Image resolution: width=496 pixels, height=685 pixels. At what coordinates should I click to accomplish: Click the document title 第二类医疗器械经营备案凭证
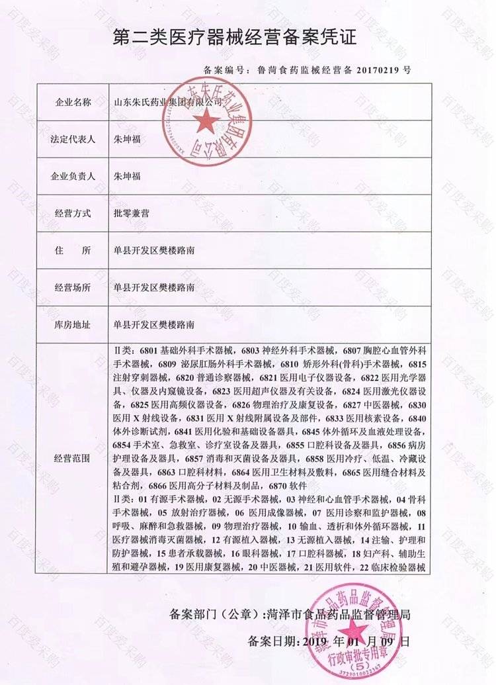(235, 38)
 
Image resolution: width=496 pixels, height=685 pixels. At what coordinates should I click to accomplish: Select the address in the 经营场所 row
(153, 288)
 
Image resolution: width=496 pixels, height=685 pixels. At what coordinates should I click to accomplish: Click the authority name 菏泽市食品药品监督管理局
(340, 614)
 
